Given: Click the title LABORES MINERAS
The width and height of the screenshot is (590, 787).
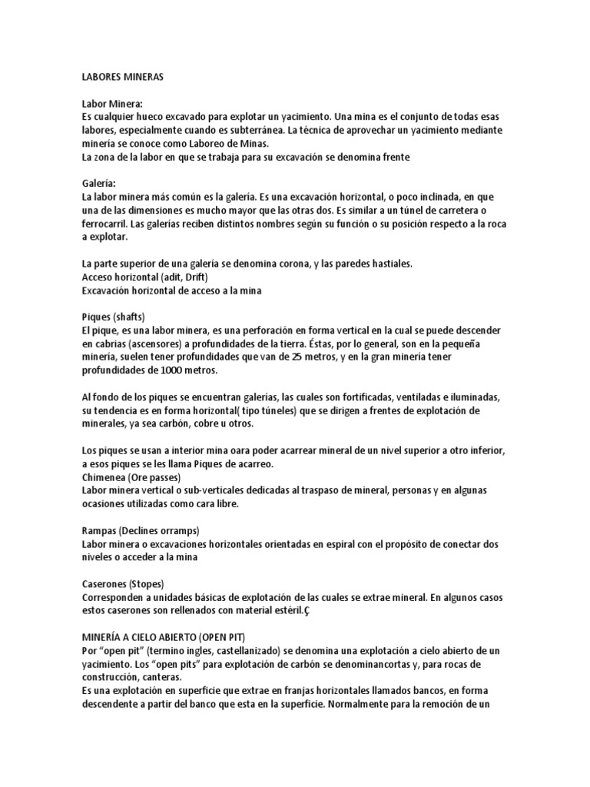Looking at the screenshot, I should click(123, 77).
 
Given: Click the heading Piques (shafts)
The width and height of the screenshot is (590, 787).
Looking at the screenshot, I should click(113, 316).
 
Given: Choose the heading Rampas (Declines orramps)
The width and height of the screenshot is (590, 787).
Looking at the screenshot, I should click(141, 530).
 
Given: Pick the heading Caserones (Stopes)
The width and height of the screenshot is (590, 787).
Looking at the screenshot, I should click(123, 583).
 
